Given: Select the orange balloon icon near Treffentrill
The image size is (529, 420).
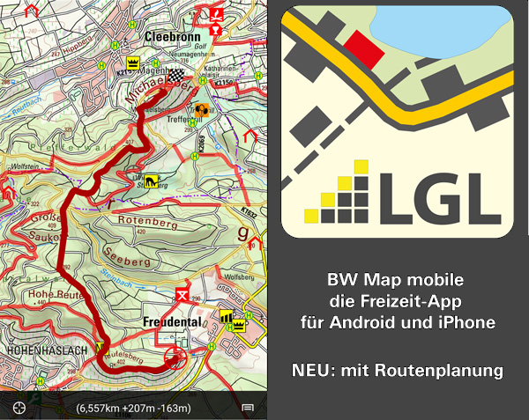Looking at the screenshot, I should tap(202, 110).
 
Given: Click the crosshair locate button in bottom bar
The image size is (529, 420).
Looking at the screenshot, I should tap(19, 407).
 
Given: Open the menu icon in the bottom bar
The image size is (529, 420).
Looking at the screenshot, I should tap(249, 408).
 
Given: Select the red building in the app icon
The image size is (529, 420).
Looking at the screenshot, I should tap(358, 45).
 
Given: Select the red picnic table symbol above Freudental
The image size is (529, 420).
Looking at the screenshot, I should tap(183, 292).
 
